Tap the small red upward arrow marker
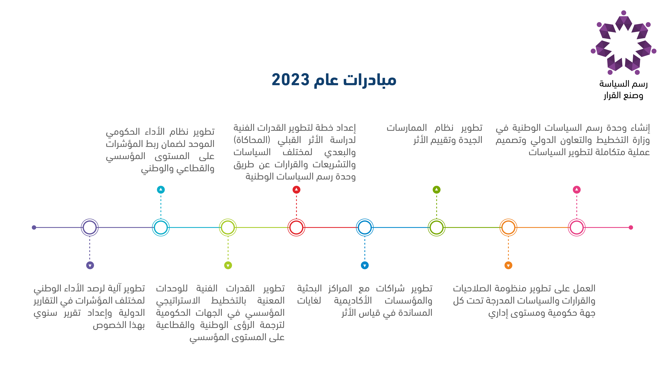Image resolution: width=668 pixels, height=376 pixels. click(296, 190)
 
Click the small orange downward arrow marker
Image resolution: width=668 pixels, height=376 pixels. click(508, 265)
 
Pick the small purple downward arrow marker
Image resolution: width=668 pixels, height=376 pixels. click(90, 265)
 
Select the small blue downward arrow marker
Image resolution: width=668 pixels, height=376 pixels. click(365, 265)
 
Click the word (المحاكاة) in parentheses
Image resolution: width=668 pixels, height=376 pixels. click(252, 140)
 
